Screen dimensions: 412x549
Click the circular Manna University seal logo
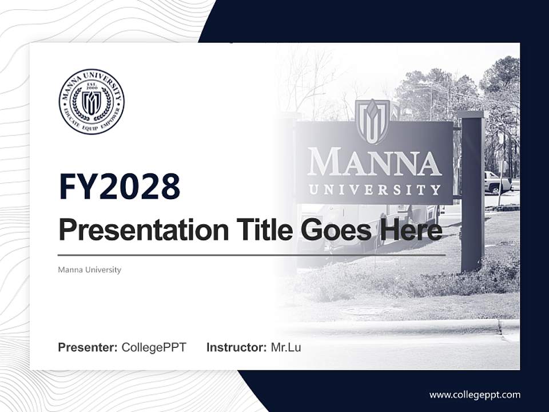tap(91, 102)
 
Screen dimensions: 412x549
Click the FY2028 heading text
tap(120, 187)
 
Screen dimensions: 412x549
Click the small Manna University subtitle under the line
tap(89, 270)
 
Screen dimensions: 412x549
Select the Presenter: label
tap(88, 347)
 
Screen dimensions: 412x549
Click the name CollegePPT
tap(154, 347)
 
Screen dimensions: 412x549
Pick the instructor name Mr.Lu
tap(286, 347)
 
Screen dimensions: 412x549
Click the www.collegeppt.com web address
tap(475, 394)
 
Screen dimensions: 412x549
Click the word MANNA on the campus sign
tap(375, 163)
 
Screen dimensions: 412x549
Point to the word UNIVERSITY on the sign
tap(375, 189)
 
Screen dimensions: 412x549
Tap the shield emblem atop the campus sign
tap(373, 121)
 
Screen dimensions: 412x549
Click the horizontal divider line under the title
tap(252, 255)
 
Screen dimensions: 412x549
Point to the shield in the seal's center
tap(91, 103)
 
